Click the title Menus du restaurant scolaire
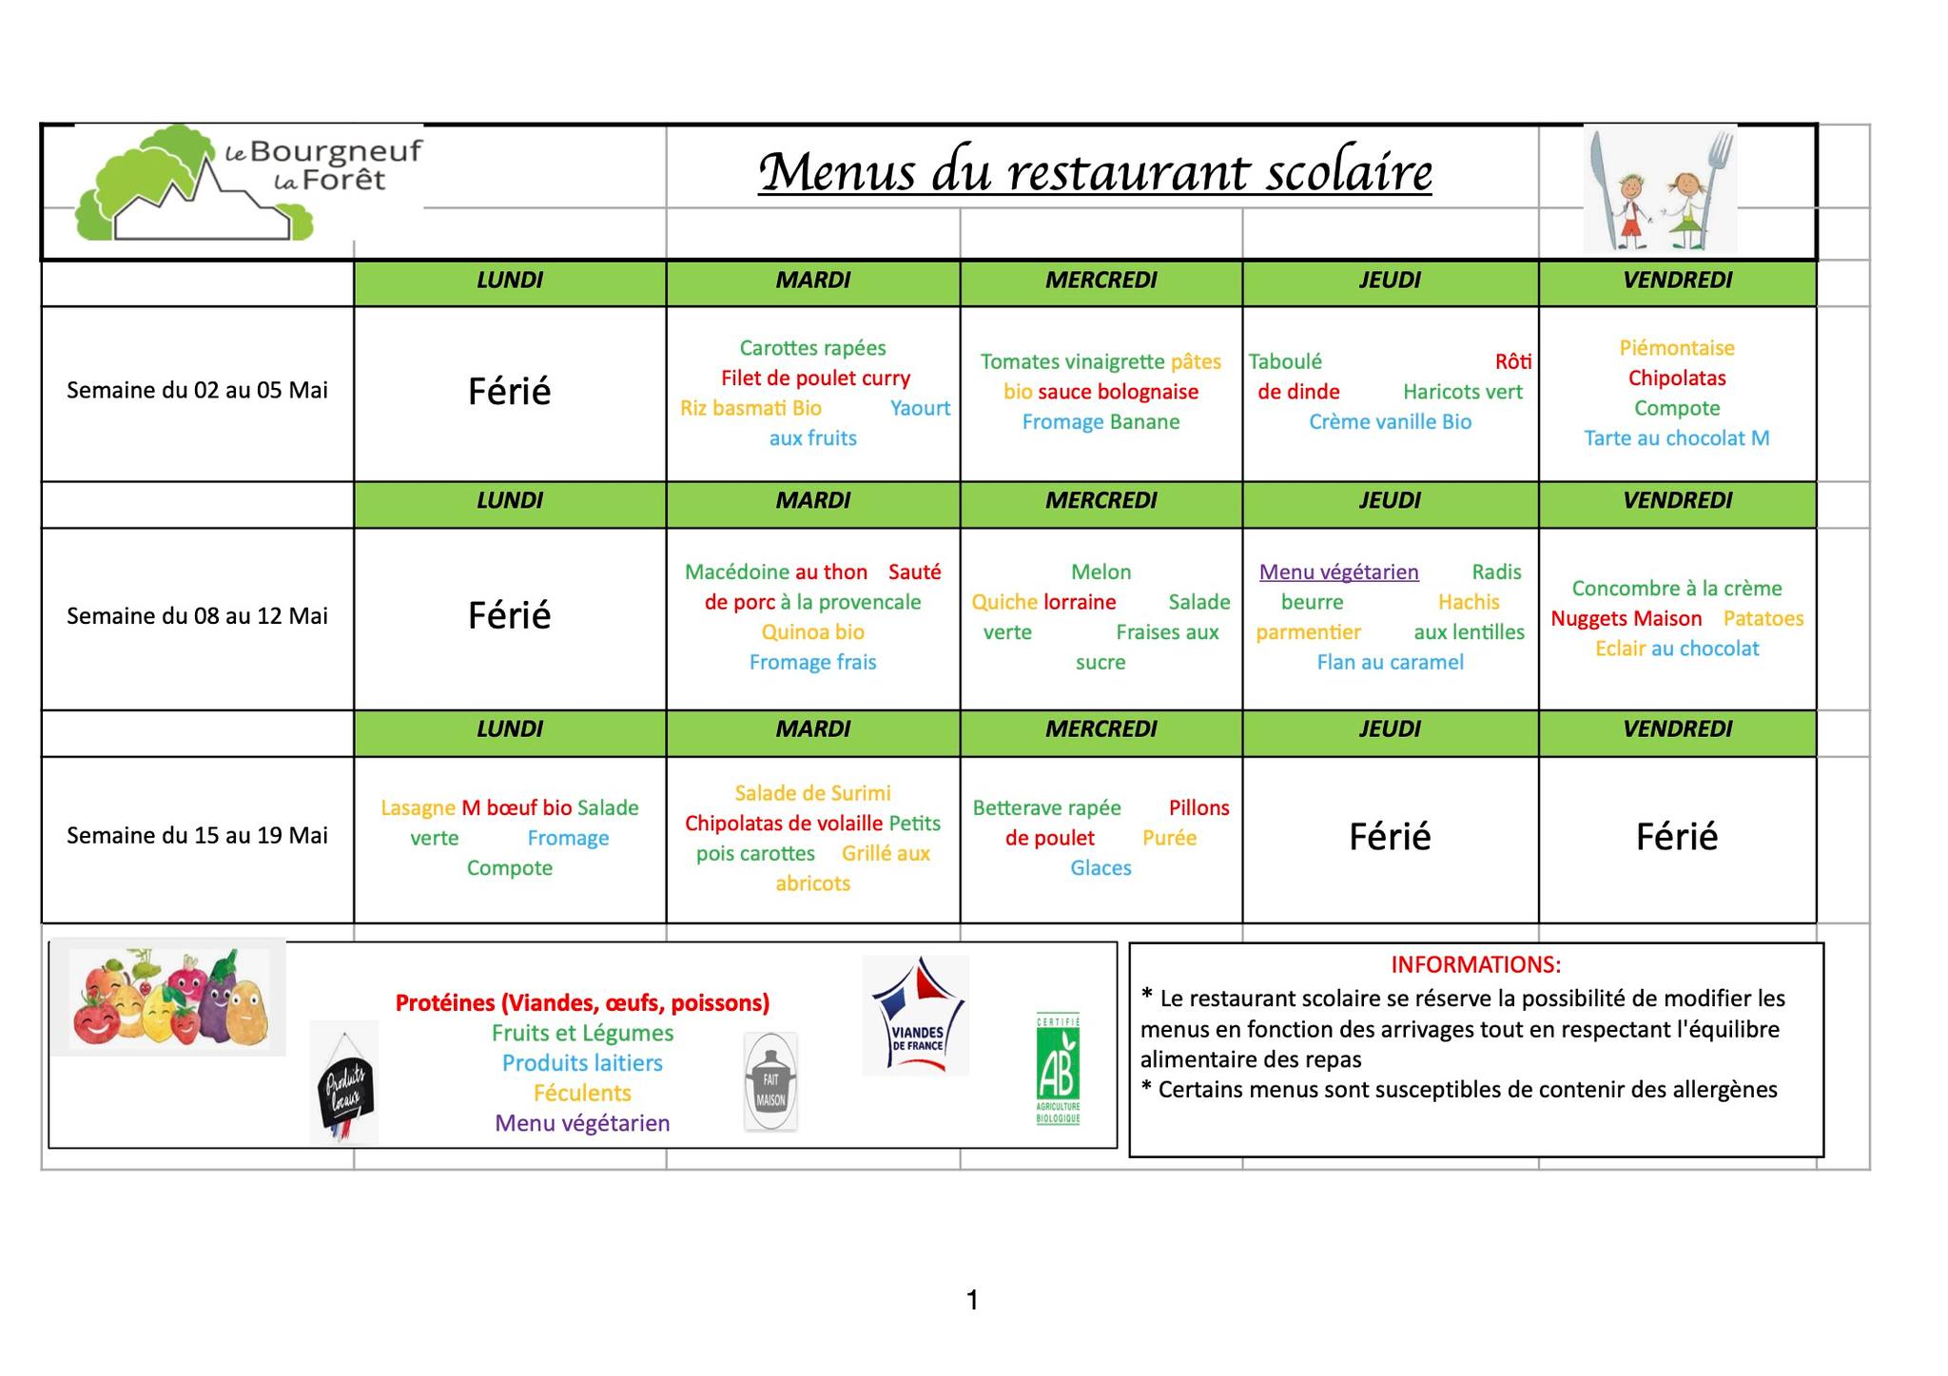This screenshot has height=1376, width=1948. pyautogui.click(x=1095, y=172)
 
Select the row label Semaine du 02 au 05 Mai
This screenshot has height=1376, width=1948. pyautogui.click(x=197, y=390)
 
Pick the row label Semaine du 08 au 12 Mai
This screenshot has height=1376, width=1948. pyautogui.click(x=197, y=615)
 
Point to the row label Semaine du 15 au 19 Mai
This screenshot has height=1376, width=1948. pyautogui.click(x=197, y=835)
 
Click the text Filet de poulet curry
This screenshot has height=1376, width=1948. pyautogui.click(x=815, y=378)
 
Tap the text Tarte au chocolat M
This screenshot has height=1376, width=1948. pyautogui.click(x=1676, y=438)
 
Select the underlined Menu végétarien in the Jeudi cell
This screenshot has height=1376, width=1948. pyautogui.click(x=1338, y=572)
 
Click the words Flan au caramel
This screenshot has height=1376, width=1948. pyautogui.click(x=1390, y=662)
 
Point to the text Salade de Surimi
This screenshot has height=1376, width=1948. pyautogui.click(x=812, y=793)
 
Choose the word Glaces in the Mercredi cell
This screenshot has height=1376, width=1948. pyautogui.click(x=1101, y=868)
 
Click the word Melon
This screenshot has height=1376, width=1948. pyautogui.click(x=1101, y=572)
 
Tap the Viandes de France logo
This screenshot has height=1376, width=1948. pyautogui.click(x=915, y=1016)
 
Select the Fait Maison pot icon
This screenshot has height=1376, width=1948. pyautogui.click(x=770, y=1082)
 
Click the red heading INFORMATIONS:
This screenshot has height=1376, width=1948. pyautogui.click(x=1475, y=964)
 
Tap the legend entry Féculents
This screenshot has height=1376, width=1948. pyautogui.click(x=582, y=1093)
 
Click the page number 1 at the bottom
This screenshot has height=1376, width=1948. pyautogui.click(x=972, y=1300)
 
